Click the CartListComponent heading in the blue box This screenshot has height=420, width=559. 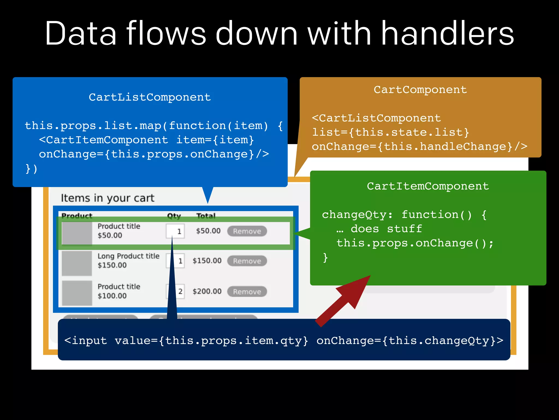pyautogui.click(x=150, y=97)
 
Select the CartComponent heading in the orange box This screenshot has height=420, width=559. pyautogui.click(x=420, y=90)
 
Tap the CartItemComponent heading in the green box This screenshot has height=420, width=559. pyautogui.click(x=428, y=186)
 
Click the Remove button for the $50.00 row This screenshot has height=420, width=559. pyautogui.click(x=247, y=231)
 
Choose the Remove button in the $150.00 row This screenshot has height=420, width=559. pyautogui.click(x=247, y=261)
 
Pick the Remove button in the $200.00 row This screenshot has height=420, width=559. pyautogui.click(x=247, y=292)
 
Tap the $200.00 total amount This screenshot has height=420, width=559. pyautogui.click(x=207, y=291)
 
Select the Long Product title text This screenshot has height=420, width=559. pyautogui.click(x=128, y=256)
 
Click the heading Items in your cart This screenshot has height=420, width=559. pyautogui.click(x=108, y=198)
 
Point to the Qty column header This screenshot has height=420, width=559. pyautogui.click(x=174, y=216)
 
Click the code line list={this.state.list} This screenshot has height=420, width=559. pyautogui.click(x=390, y=133)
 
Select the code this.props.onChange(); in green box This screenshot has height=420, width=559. pyautogui.click(x=415, y=243)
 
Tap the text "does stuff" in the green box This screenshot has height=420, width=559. pyautogui.click(x=386, y=229)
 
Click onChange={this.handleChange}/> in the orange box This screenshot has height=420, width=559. pyautogui.click(x=419, y=147)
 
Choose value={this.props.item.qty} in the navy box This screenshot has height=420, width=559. pyautogui.click(x=211, y=341)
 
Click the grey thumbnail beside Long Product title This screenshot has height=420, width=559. pyautogui.click(x=77, y=263)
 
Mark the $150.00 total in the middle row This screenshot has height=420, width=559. pyautogui.click(x=207, y=261)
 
